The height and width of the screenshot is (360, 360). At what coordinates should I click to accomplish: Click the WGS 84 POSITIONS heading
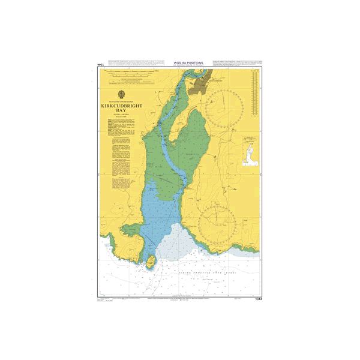188,62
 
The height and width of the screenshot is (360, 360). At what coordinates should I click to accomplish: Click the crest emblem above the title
122,94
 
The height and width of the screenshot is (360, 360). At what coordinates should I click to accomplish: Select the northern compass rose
223,108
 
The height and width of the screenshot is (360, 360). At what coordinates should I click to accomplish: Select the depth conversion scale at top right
256,96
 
